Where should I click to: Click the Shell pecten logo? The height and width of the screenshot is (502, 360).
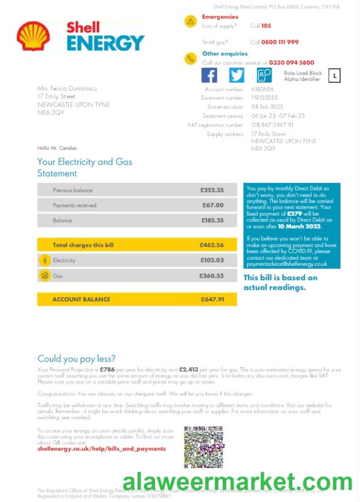29,36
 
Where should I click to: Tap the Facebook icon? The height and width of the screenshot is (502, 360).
209,75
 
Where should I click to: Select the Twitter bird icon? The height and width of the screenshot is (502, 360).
236,75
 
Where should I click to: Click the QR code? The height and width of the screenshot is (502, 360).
204,447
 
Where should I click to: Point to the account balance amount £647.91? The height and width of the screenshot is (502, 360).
212,300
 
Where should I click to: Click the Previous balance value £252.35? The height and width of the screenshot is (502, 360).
212,190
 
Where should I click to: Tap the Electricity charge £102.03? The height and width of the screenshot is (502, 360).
212,260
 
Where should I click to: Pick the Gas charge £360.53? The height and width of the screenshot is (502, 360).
212,275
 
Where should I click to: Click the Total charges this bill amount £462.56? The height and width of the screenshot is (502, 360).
212,245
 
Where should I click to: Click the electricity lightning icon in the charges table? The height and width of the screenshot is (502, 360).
45,260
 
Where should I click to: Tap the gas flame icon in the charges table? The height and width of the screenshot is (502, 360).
45,275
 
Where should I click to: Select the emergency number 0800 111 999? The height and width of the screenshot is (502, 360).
280,42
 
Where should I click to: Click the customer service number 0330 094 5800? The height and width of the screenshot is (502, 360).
292,63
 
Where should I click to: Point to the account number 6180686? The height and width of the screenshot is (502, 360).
262,90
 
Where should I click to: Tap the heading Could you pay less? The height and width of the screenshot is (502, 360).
77,358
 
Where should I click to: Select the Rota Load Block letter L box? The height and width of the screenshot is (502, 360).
336,76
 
